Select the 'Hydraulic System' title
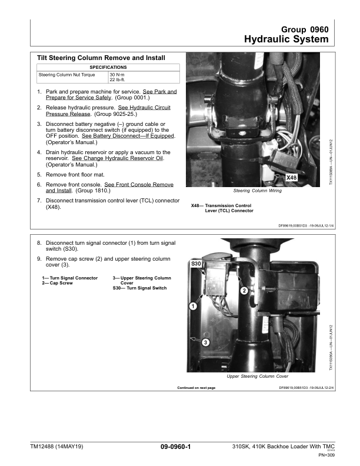[x=286, y=39]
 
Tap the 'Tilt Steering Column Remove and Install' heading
[x=101, y=58]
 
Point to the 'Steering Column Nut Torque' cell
[x=68, y=75]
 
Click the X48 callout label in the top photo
[x=291, y=177]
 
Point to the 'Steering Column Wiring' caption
[x=257, y=191]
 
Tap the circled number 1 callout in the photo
[x=192, y=305]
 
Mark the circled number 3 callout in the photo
[x=205, y=342]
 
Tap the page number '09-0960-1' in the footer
[x=179, y=448]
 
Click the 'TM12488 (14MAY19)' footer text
[x=57, y=448]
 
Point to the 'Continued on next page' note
[x=196, y=388]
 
